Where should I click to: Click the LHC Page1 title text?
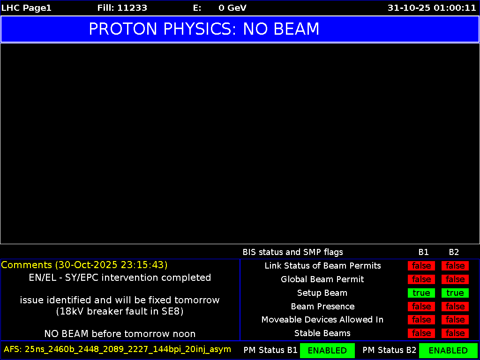point(26,8)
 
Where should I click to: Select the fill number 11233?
point(132,8)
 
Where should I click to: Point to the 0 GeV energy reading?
point(232,8)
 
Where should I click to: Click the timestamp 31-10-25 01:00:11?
point(432,8)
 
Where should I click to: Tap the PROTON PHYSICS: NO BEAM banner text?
point(204,29)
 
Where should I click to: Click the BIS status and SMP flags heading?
point(292,252)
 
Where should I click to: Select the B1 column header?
point(423,252)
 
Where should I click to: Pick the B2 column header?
point(454,252)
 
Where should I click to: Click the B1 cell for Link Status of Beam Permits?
point(421,266)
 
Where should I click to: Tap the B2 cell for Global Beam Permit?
point(455,279)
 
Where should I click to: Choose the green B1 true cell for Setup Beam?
point(421,293)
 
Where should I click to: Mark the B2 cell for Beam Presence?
point(455,307)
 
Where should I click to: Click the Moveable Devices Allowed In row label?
point(322,320)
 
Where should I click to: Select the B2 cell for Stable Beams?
point(455,333)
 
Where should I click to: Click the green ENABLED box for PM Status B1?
point(327,350)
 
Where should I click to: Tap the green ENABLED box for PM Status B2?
point(448,350)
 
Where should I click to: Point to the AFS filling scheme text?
point(117,349)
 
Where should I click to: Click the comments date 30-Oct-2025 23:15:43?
point(111,265)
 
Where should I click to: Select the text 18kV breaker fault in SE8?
point(120,311)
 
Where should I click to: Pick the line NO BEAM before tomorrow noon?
point(120,334)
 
